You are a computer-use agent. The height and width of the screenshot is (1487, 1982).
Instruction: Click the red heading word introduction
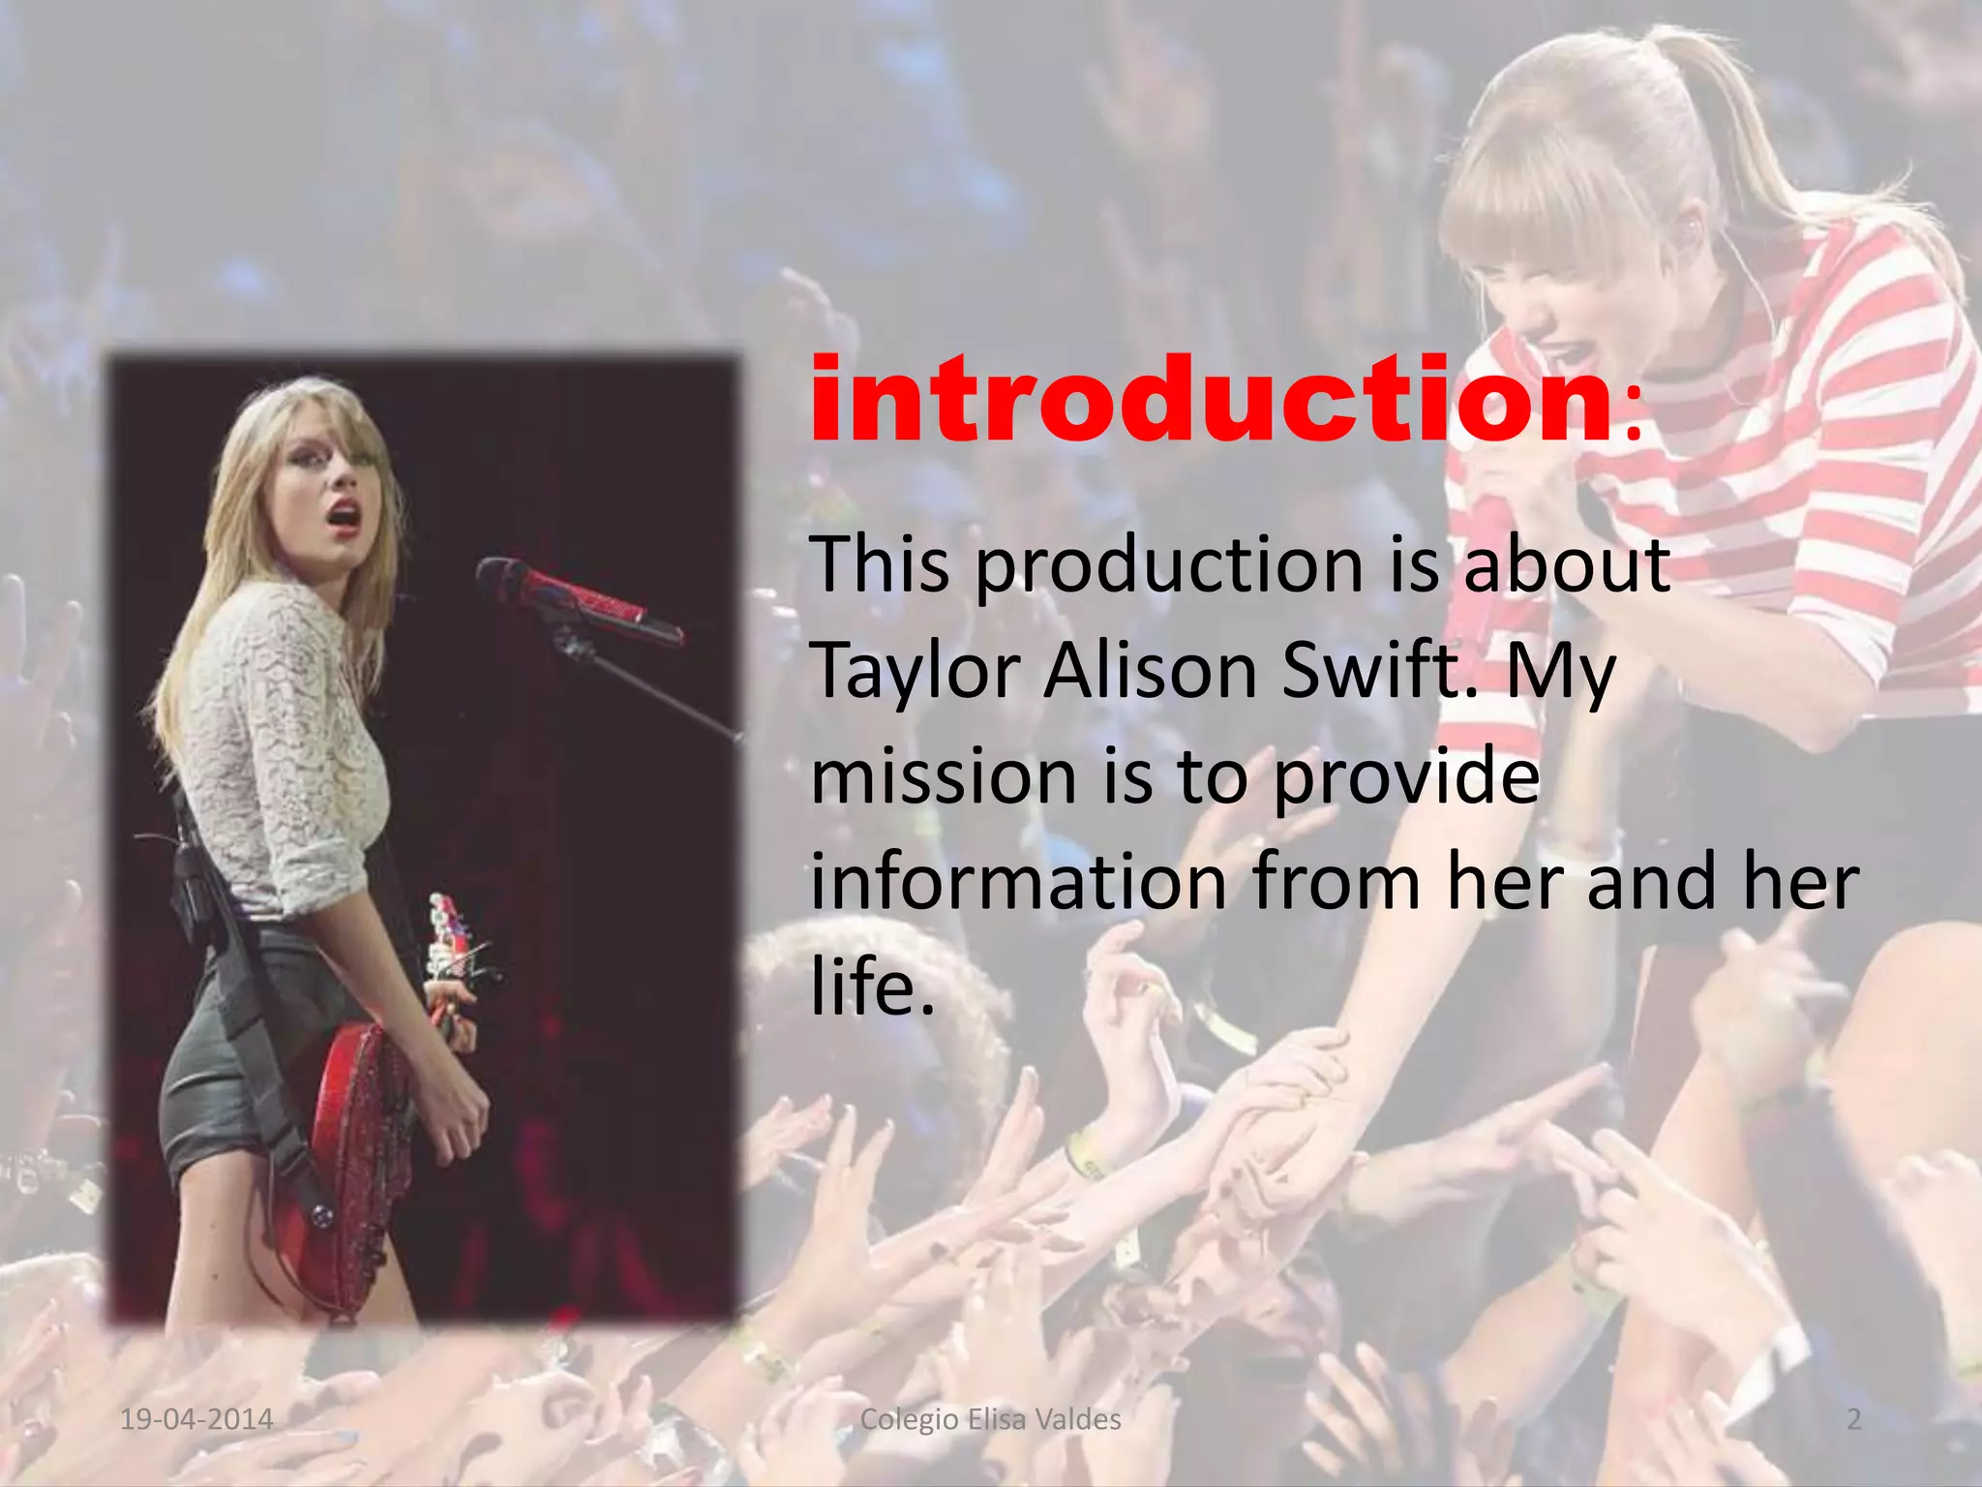coord(1210,399)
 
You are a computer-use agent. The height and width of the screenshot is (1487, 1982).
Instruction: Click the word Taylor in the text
coord(916,670)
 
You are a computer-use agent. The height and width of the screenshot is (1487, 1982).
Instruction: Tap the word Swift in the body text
coord(1378,670)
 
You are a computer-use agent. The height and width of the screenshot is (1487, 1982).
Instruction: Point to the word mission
coord(944,776)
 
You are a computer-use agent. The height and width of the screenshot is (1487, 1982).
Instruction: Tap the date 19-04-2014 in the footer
coord(196,1419)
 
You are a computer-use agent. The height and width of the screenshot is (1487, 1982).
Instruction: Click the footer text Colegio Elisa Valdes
coord(990,1419)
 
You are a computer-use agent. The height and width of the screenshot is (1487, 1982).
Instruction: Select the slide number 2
coord(1853,1419)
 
